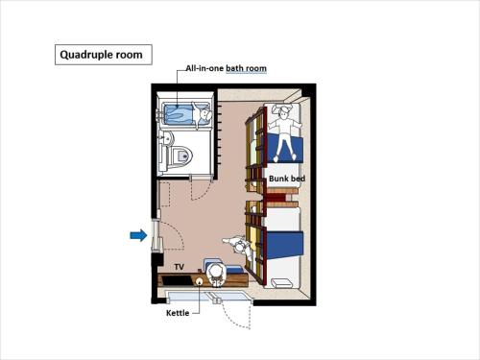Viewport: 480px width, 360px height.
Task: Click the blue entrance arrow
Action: pyautogui.click(x=138, y=236)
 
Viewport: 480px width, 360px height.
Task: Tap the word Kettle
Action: pyautogui.click(x=178, y=313)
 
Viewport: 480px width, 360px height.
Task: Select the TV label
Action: pyautogui.click(x=180, y=267)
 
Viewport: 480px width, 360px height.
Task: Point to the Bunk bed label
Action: pyautogui.click(x=287, y=179)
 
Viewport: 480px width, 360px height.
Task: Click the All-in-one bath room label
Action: pyautogui.click(x=226, y=68)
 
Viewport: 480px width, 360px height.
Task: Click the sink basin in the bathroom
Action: pyautogui.click(x=166, y=138)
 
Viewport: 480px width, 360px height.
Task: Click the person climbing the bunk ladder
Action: pyautogui.click(x=238, y=247)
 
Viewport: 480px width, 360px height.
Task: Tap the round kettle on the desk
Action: pyautogui.click(x=199, y=281)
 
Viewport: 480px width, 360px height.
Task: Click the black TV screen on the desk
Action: pyautogui.click(x=177, y=280)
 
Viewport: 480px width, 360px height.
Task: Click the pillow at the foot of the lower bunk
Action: pyautogui.click(x=281, y=283)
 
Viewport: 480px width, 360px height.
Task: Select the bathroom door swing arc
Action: pyautogui.click(x=202, y=191)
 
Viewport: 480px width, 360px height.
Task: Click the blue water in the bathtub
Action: pyautogui.click(x=179, y=115)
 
